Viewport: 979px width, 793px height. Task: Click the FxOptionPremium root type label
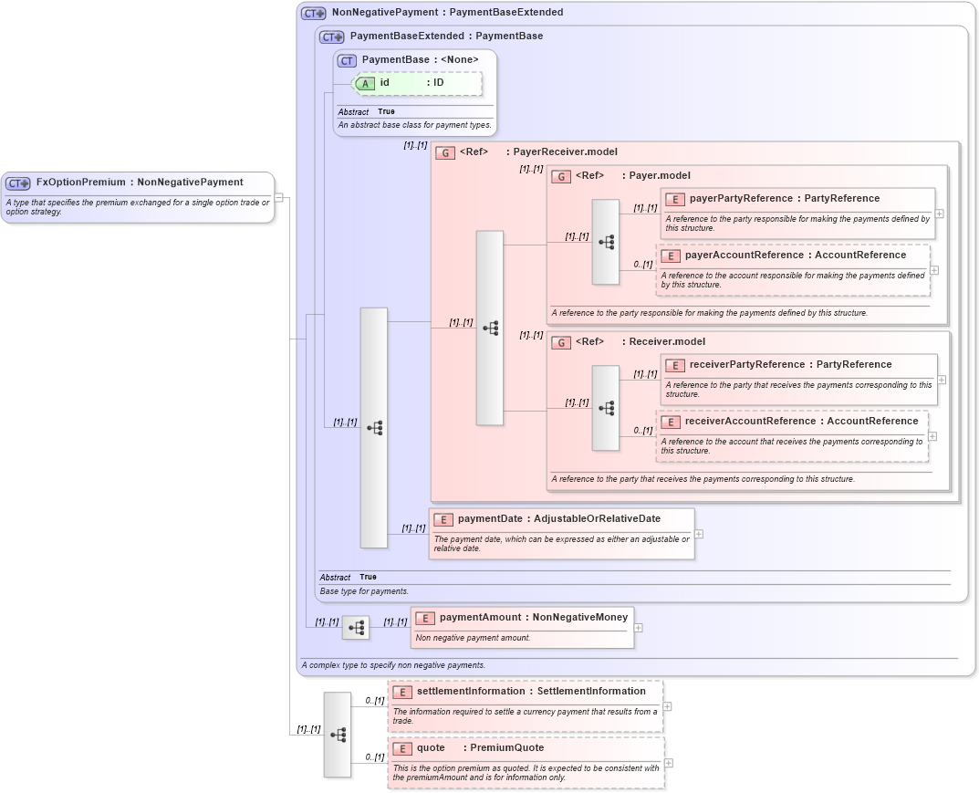81,183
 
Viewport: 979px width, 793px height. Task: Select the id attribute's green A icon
365,83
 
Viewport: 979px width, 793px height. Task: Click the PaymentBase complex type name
395,60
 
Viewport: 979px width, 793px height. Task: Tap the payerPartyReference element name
739,199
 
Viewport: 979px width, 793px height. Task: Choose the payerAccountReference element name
744,256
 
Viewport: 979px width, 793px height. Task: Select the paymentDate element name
490,519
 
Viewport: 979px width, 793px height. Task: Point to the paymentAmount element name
481,618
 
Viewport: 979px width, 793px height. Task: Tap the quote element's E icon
401,748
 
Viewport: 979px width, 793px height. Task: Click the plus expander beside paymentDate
699,534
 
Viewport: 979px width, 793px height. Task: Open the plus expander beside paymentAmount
639,628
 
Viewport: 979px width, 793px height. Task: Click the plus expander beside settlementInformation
668,706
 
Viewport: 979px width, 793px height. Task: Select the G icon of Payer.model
561,176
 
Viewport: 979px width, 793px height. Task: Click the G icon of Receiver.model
561,342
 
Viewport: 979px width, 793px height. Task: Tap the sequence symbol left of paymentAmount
356,628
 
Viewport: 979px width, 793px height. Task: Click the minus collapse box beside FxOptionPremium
279,197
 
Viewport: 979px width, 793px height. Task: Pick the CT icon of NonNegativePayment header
313,14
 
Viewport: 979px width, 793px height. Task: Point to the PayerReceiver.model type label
565,152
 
